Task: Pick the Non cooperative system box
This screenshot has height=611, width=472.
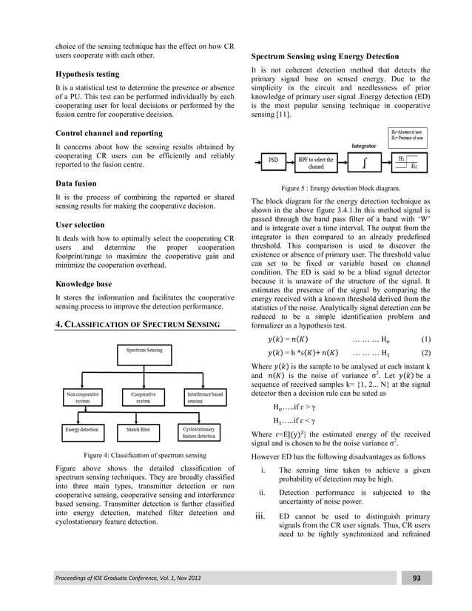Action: [x=82, y=399]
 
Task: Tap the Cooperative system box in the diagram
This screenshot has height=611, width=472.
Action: [x=144, y=399]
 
